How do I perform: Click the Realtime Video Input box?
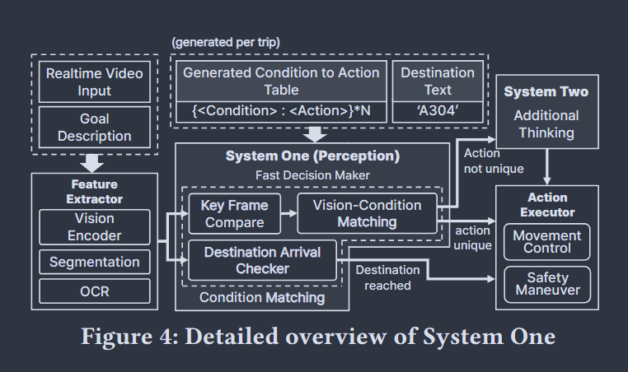(94, 81)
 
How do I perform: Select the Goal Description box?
(94, 126)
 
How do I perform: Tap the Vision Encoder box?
(95, 226)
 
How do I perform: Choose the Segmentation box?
(95, 263)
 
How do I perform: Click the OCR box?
(95, 291)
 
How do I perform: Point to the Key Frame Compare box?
(234, 213)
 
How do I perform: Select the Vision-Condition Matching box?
(368, 213)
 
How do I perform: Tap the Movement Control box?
(547, 242)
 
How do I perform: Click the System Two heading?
(546, 91)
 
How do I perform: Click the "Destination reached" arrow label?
(387, 277)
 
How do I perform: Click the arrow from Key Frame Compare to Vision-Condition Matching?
(288, 213)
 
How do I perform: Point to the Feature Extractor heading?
(94, 192)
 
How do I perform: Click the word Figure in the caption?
(120, 337)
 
